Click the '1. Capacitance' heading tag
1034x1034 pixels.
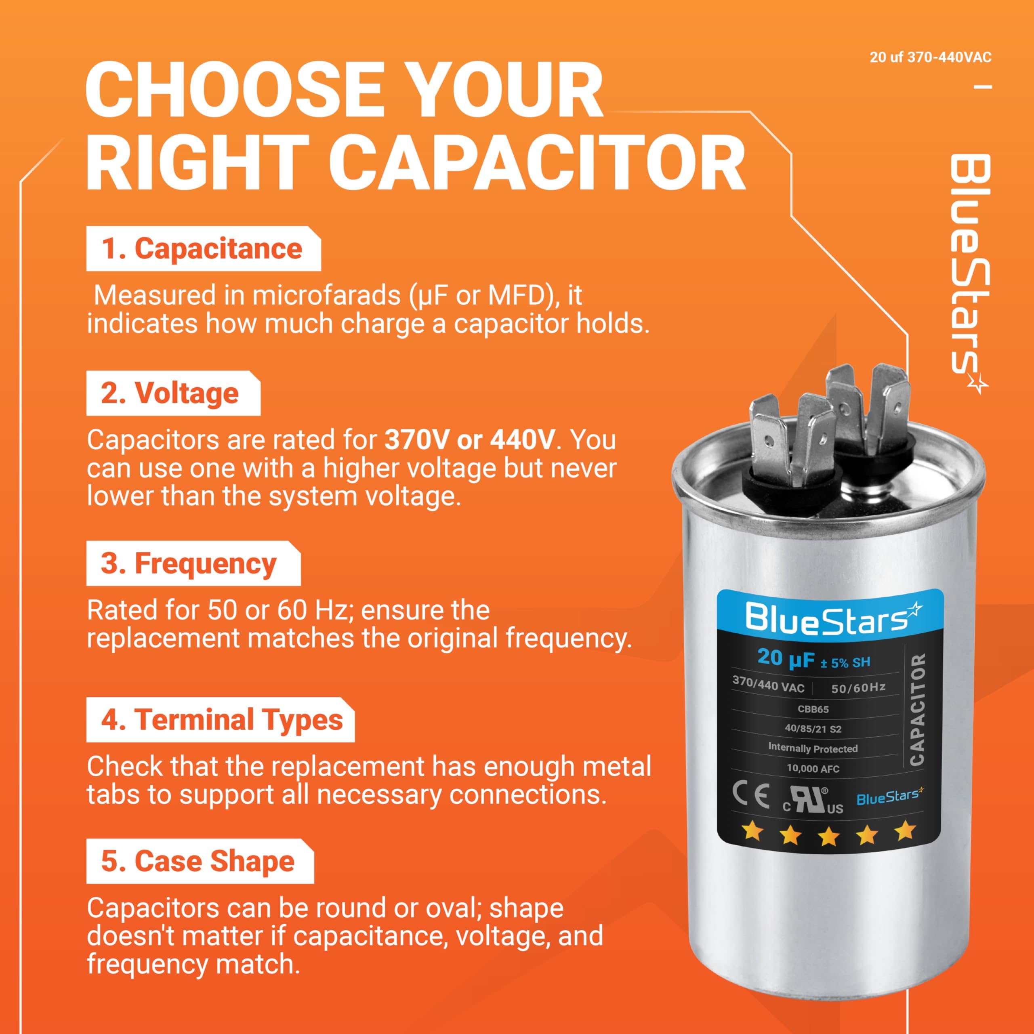click(x=204, y=249)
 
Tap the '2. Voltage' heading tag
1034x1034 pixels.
click(x=173, y=393)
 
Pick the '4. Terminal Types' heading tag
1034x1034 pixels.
click(x=221, y=720)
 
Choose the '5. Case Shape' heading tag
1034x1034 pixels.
click(x=200, y=861)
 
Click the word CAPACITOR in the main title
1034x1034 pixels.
click(x=537, y=161)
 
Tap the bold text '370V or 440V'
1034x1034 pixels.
click(x=470, y=440)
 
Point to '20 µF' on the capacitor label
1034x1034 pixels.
click(x=785, y=659)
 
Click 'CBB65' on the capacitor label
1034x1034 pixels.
click(x=813, y=710)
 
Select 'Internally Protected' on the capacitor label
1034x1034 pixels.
click(x=813, y=748)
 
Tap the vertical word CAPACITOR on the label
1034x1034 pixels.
click(x=918, y=710)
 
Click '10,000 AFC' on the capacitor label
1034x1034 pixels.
click(x=813, y=769)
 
